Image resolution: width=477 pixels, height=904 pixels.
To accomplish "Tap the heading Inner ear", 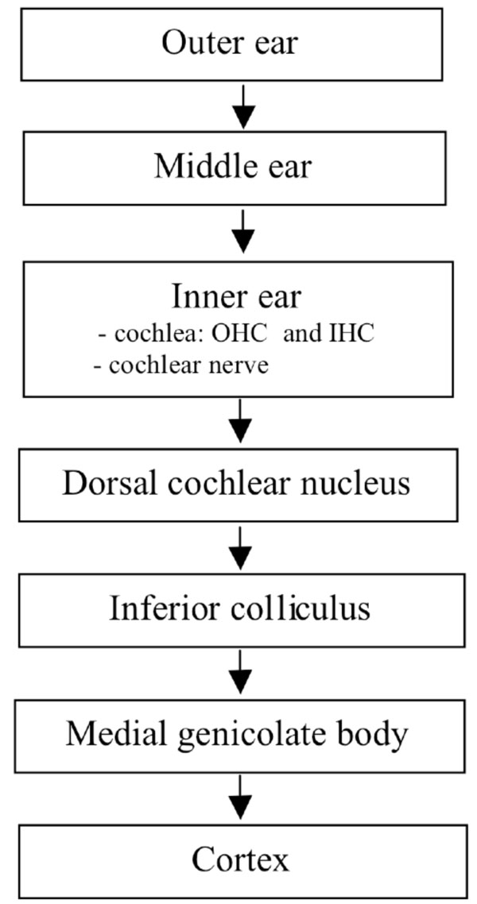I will tap(236, 296).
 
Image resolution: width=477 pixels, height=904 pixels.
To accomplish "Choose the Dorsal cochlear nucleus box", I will tap(236, 483).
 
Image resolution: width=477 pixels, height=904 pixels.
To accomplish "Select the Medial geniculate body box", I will tap(236, 735).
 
